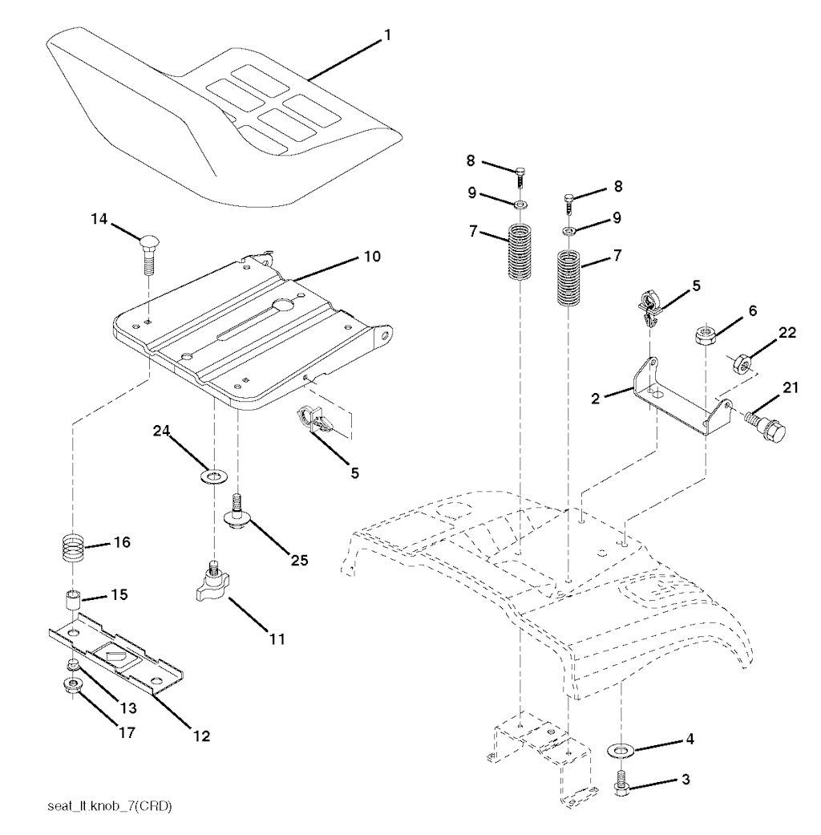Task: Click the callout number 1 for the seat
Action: (387, 35)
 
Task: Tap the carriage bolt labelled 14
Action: (148, 254)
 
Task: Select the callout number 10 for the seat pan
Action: (373, 256)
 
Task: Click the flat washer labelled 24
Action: (214, 475)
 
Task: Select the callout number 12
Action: (202, 736)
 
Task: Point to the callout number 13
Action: (128, 708)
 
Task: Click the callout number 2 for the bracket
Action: (595, 399)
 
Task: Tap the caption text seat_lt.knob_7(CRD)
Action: (110, 806)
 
